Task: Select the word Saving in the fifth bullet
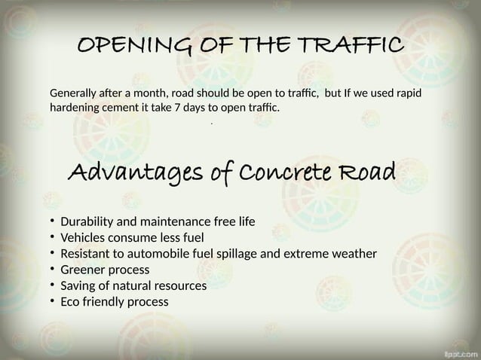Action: tap(78, 285)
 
